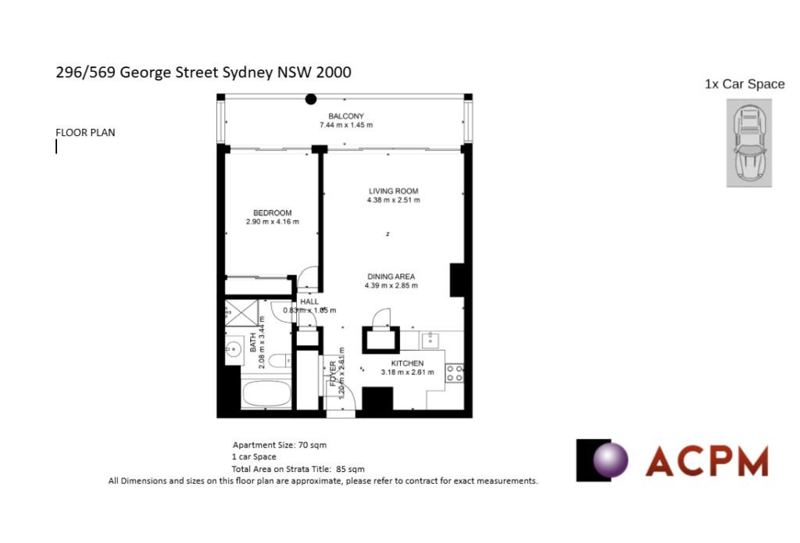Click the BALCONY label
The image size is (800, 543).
click(x=346, y=116)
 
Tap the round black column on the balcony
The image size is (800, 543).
click(x=311, y=99)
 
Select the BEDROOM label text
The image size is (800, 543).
click(x=272, y=213)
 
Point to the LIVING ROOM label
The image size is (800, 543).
click(x=394, y=191)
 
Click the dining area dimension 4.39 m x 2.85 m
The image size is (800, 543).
click(x=392, y=286)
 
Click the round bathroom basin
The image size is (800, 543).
click(x=233, y=350)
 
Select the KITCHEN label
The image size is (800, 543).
click(x=407, y=363)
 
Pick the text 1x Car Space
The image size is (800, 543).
click(x=744, y=84)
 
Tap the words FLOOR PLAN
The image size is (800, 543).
click(x=85, y=133)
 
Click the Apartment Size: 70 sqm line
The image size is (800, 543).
click(x=279, y=445)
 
